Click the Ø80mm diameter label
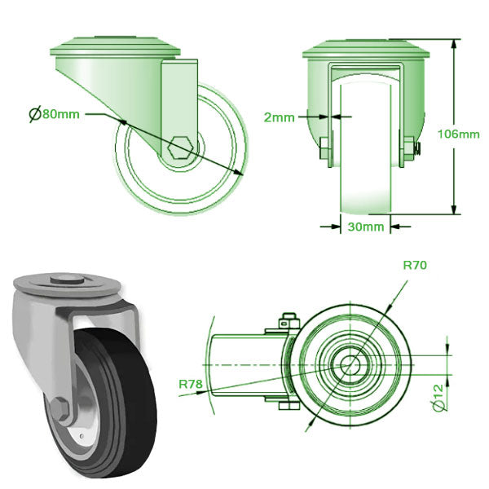click(x=55, y=114)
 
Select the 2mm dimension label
click(x=280, y=117)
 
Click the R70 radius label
click(x=415, y=265)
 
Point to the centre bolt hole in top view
click(x=350, y=361)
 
